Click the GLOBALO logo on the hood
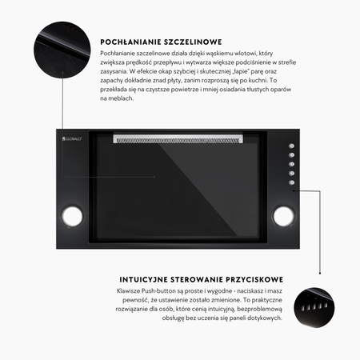pos(72,138)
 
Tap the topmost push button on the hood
pos(291,146)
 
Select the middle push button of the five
pos(291,164)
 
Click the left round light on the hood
pos(72,216)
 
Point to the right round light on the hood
pos(283,216)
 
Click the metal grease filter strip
pos(178,139)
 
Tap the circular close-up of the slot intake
pos(62,50)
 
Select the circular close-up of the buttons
pos(314,307)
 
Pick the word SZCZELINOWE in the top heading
pos(193,42)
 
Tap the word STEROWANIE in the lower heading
pos(197,280)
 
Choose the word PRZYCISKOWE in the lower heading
pos(254,280)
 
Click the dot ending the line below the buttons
pos(320,274)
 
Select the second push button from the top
pos(291,155)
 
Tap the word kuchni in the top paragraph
pos(258,80)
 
